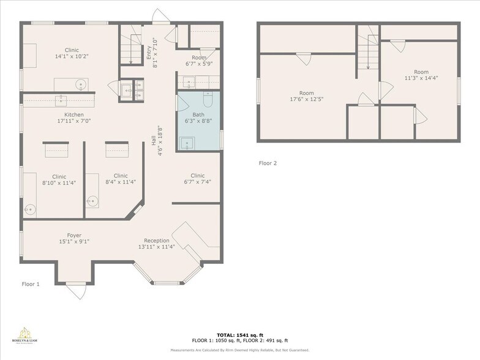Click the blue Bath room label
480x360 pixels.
198,114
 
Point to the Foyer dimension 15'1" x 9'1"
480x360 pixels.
74,242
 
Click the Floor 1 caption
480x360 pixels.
31,284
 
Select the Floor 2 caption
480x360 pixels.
268,163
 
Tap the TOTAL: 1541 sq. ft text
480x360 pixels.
239,335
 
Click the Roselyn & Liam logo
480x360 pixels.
25,336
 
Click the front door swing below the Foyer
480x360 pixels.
75,290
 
